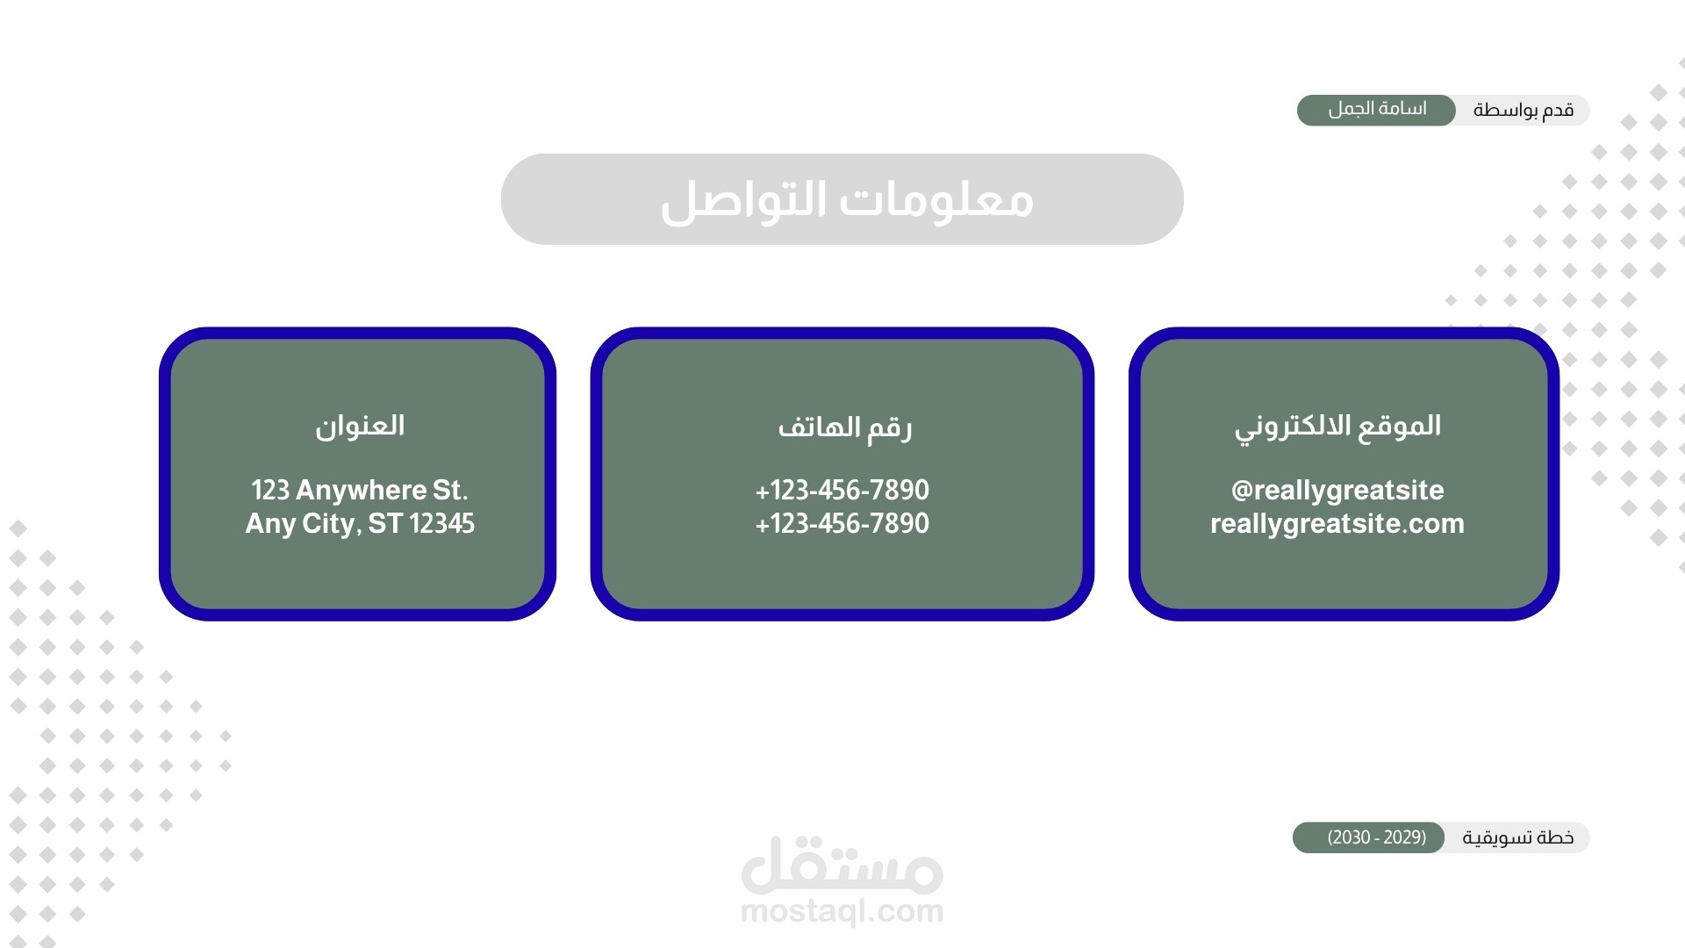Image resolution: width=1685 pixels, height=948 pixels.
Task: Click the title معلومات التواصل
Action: [x=847, y=200]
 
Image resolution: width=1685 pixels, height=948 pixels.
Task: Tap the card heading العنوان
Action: [x=360, y=426]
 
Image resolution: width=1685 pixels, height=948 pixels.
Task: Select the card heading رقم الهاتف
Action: [x=844, y=427]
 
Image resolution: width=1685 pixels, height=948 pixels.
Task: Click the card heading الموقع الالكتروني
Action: [x=1337, y=427]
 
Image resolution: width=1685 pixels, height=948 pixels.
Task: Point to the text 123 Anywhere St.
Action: [x=360, y=490]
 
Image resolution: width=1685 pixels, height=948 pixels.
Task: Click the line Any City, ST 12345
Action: [x=360, y=523]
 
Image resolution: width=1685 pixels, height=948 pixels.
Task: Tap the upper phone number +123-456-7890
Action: [x=842, y=490]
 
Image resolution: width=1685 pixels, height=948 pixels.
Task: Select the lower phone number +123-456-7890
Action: [x=842, y=523]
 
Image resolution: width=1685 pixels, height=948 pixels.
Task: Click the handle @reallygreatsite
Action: [x=1337, y=491]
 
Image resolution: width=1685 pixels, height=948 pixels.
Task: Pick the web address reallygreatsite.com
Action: [x=1337, y=524]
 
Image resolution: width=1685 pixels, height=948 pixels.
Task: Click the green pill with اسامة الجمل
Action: [x=1376, y=110]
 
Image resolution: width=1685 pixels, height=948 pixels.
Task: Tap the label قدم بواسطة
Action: [x=1524, y=111]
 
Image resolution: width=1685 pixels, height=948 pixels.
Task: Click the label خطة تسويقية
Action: [x=1518, y=838]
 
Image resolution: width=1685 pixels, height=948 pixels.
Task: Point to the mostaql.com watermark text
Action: [x=842, y=911]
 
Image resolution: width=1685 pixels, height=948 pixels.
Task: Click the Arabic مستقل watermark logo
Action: [x=842, y=864]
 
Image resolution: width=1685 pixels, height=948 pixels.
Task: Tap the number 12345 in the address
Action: [x=442, y=523]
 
